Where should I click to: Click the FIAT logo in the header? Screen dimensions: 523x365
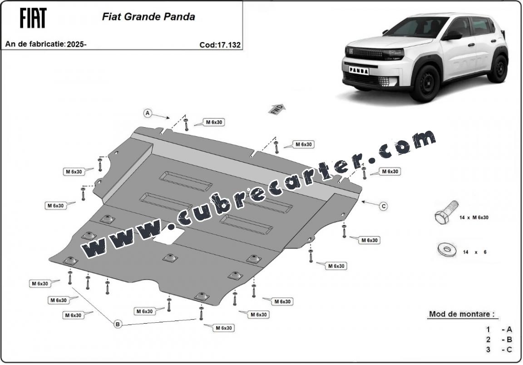(x=33, y=18)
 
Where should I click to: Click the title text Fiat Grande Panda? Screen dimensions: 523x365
(x=148, y=17)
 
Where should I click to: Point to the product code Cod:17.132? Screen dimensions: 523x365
(x=220, y=45)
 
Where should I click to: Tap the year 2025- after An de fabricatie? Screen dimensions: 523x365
(x=77, y=44)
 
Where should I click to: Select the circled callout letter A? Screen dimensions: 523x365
(x=148, y=113)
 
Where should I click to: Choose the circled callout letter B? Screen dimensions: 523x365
(x=118, y=324)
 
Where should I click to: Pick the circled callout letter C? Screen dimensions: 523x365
(x=384, y=206)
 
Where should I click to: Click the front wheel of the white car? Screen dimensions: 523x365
(x=424, y=84)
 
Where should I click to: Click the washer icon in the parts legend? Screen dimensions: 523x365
(x=446, y=249)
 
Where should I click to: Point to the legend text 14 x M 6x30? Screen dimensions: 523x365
(x=474, y=217)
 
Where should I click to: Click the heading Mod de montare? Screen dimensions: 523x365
(x=462, y=314)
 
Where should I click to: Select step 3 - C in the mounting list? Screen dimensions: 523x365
(x=498, y=350)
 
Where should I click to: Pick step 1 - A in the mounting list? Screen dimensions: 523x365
(x=498, y=330)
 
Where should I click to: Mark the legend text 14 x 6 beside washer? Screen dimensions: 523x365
(x=474, y=252)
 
